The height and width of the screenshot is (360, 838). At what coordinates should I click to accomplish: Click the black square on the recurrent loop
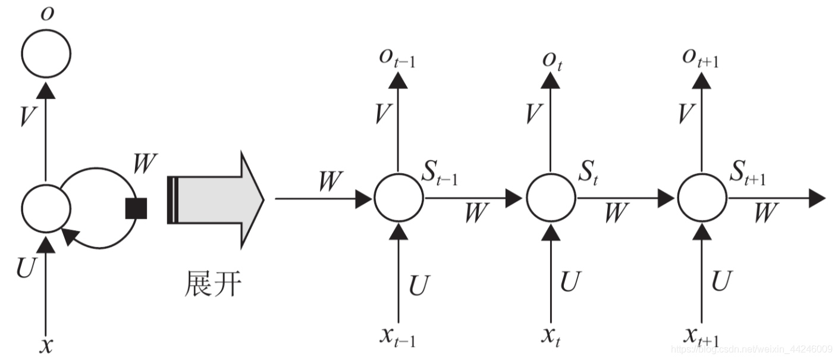(x=136, y=208)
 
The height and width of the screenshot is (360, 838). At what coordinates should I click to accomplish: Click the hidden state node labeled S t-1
(x=398, y=199)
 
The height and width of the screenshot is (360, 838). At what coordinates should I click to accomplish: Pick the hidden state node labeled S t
(x=551, y=199)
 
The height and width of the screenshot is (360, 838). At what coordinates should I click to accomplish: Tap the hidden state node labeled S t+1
(x=702, y=199)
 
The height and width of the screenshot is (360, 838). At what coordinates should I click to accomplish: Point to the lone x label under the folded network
(x=46, y=345)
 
